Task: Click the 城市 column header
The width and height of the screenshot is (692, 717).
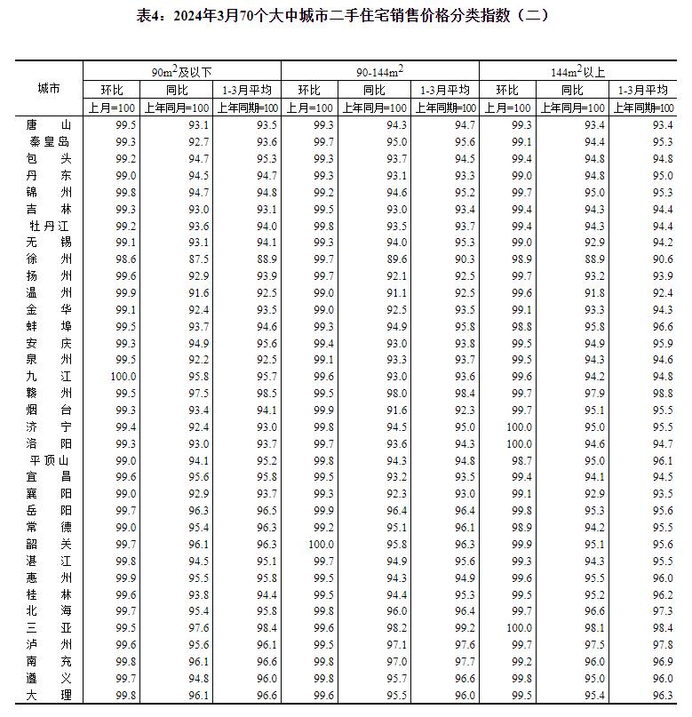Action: point(49,89)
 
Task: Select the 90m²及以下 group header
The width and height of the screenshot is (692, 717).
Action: point(181,71)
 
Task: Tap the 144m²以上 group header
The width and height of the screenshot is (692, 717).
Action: point(577,71)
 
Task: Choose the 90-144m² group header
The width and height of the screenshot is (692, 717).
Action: point(379,71)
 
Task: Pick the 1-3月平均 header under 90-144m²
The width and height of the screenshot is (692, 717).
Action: point(444,90)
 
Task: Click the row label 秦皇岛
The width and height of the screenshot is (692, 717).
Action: point(49,141)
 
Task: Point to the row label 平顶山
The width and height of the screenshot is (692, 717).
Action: point(49,460)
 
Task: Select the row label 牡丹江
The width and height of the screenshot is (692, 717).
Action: point(49,226)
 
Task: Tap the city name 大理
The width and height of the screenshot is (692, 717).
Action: point(49,695)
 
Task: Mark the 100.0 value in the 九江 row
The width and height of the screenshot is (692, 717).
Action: point(122,376)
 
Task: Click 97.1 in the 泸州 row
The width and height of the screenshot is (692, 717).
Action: point(396,644)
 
